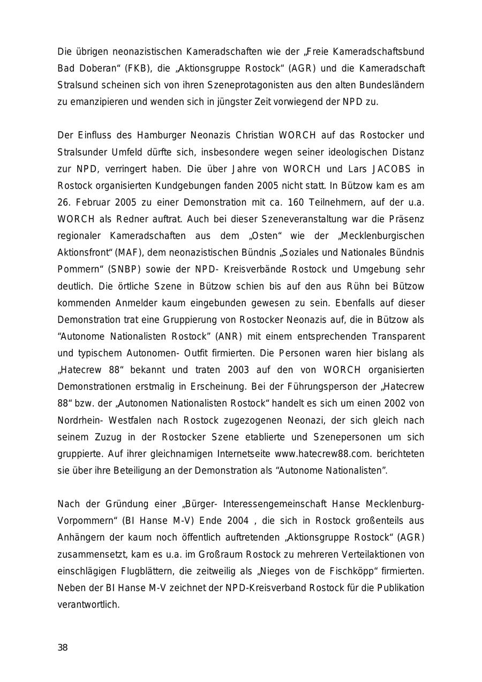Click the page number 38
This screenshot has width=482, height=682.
63,647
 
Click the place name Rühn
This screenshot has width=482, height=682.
368,286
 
